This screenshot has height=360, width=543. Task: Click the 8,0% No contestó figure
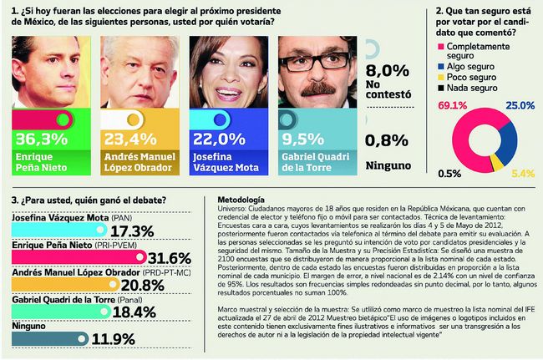coord(388,71)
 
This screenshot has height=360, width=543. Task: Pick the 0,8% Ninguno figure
coord(388,141)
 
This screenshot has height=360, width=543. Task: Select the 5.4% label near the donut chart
coord(521,174)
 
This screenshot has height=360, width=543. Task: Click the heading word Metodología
coord(241,201)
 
